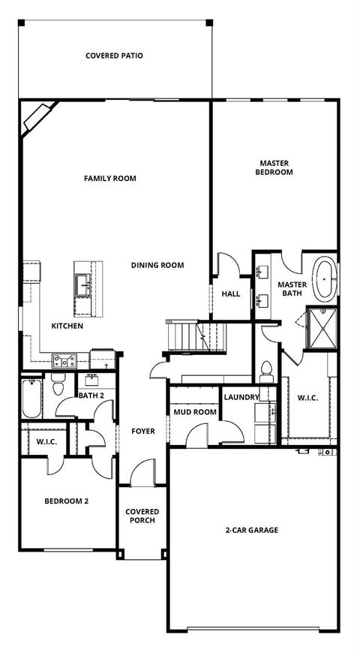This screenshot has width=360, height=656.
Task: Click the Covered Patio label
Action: point(114,56)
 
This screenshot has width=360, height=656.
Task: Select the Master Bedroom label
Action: point(274,167)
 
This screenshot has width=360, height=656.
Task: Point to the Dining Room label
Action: point(157,265)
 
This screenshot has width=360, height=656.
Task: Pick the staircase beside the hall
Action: point(184,334)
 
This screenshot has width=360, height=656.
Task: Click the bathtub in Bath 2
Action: point(31,399)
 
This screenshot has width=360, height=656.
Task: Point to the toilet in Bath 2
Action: point(58,386)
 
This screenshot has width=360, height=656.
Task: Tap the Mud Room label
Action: point(195,412)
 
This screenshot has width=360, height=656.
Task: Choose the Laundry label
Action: point(241,397)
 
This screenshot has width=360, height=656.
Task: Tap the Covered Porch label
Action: point(142,516)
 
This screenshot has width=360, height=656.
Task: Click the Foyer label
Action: point(142,431)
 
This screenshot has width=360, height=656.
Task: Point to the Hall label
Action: point(231,293)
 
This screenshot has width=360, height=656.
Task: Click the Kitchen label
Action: point(67,326)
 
